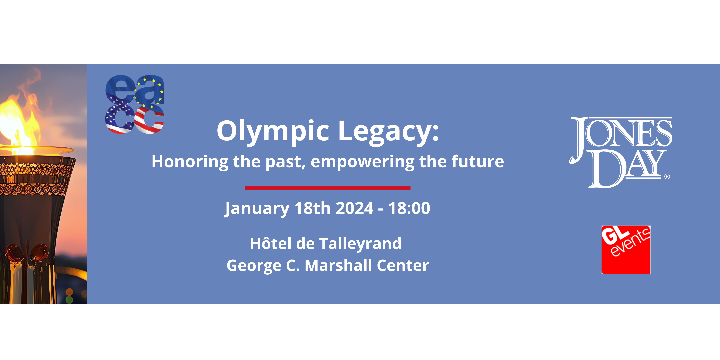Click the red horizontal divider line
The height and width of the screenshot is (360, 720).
328,188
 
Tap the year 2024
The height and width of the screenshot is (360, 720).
354,208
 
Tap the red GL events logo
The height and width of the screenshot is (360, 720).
626,250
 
